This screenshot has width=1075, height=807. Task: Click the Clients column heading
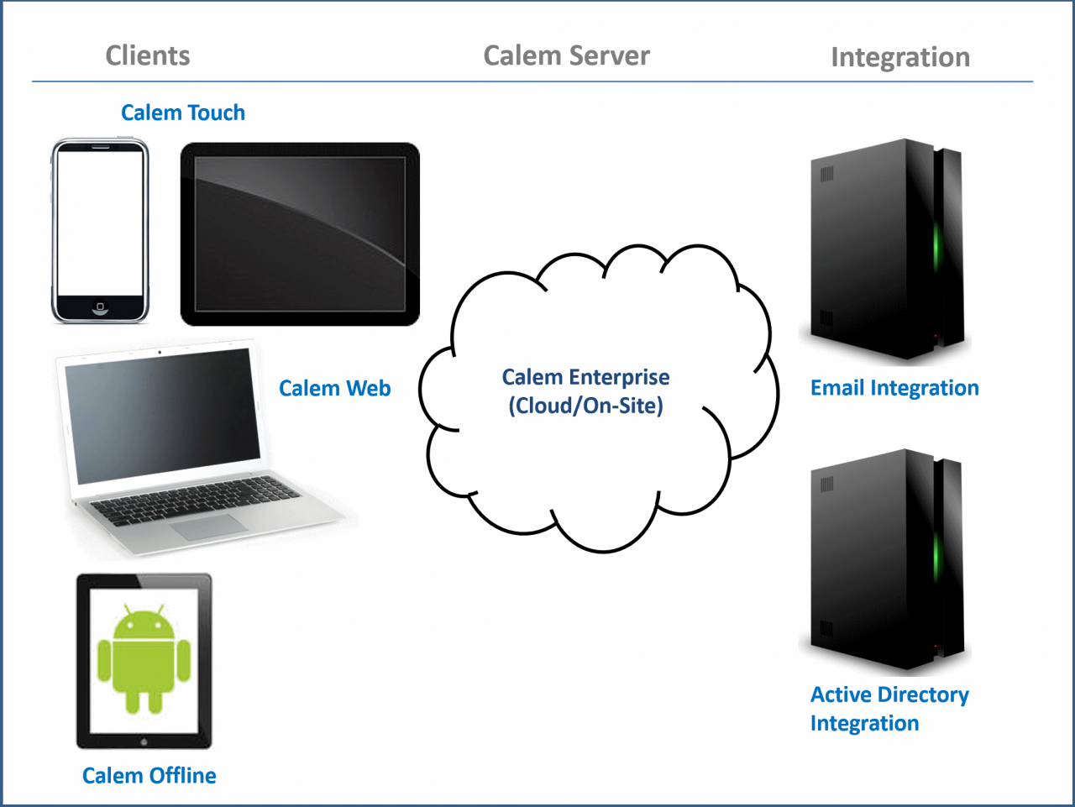(148, 55)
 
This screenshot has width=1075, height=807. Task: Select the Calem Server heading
(566, 55)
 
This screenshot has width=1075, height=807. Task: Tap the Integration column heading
(899, 57)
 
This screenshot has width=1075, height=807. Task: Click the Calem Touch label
(183, 113)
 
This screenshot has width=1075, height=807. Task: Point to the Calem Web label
(334, 388)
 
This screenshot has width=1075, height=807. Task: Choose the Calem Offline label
(149, 775)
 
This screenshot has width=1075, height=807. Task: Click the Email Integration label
(894, 388)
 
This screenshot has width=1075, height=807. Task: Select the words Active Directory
(889, 694)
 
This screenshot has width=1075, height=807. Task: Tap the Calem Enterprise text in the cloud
(585, 377)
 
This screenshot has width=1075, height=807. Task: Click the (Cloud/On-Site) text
(585, 406)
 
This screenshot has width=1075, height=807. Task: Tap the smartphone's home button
(100, 307)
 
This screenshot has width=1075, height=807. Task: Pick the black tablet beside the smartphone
(300, 234)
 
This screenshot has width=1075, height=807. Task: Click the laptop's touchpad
(209, 527)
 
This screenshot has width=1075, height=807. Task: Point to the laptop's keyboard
(195, 499)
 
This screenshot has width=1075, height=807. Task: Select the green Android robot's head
(144, 622)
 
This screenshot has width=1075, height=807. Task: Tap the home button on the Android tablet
(144, 741)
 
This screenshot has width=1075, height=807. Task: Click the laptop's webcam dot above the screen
(160, 353)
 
